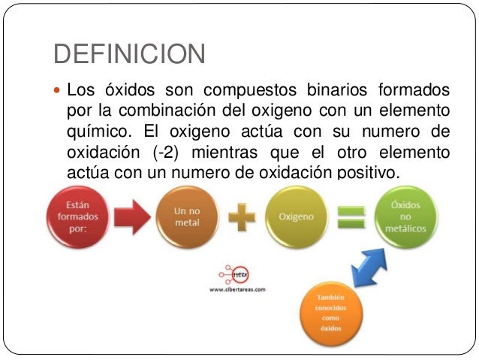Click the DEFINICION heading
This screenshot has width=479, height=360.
(128, 54)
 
